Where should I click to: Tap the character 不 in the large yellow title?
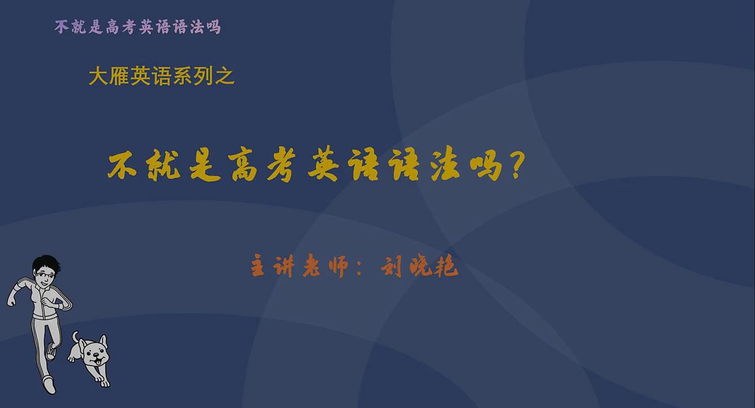click(122, 166)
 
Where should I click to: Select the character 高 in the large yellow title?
click(244, 165)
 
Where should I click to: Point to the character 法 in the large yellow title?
click(445, 165)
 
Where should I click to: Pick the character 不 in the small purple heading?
click(62, 27)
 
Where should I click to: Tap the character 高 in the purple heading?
click(112, 27)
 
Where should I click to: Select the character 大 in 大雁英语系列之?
click(98, 76)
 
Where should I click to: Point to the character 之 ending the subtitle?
click(225, 76)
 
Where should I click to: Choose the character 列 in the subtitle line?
click(204, 76)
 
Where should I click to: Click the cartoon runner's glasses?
click(45, 275)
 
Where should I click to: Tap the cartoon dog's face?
click(96, 356)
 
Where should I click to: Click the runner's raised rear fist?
click(11, 300)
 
